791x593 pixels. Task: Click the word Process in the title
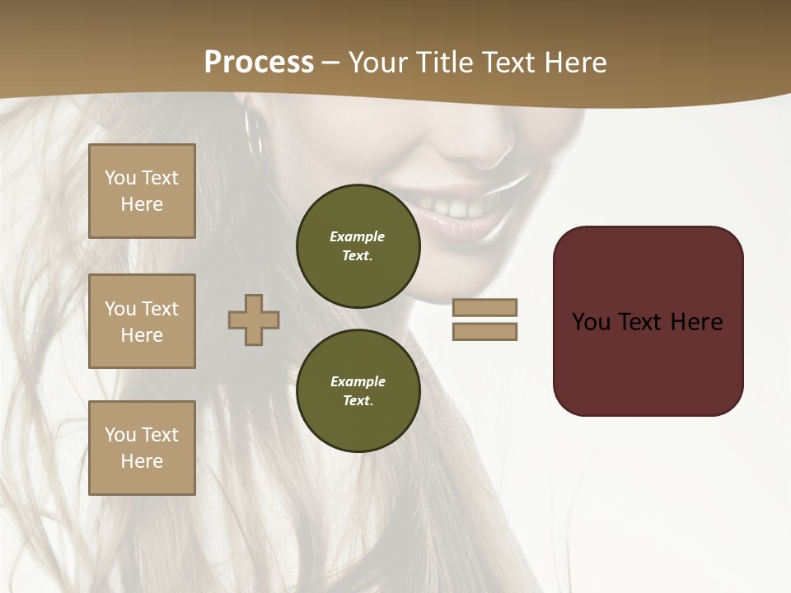[x=259, y=63]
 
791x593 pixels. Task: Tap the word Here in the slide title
[x=574, y=63]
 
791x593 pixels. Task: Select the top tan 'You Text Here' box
[x=142, y=191]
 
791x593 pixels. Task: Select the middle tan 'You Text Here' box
[x=142, y=321]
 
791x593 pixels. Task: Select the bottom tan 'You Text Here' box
[x=142, y=448]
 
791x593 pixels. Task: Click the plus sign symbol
[x=254, y=320]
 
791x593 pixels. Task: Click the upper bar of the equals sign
[x=484, y=307]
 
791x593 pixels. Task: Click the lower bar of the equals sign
[x=484, y=331]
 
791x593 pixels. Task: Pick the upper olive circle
[x=358, y=245]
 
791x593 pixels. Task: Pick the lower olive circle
[x=358, y=390]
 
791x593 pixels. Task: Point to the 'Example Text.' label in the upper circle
[x=358, y=245]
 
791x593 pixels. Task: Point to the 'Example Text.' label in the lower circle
[x=358, y=390]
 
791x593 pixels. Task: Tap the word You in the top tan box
[x=119, y=178]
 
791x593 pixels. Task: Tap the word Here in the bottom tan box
[x=142, y=461]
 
